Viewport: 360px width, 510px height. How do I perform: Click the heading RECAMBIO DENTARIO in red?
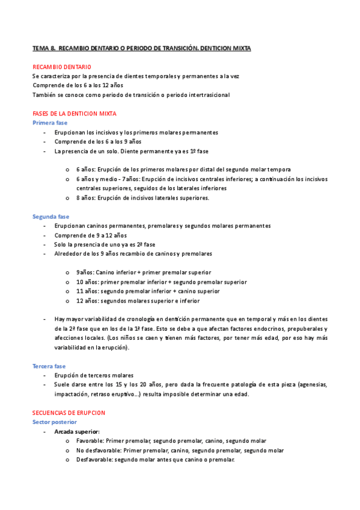coord(62,67)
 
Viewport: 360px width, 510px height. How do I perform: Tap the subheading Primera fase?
coord(50,123)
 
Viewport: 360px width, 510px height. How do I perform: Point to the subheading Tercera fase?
coord(49,366)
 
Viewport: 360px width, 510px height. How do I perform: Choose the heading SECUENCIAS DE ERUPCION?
coord(69,413)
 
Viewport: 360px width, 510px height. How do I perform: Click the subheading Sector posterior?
coord(55,422)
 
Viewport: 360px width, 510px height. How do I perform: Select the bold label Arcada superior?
coord(77,432)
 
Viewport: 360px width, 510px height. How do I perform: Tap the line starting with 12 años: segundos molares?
coord(138,301)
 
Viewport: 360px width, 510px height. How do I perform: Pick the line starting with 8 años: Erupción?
coord(142,198)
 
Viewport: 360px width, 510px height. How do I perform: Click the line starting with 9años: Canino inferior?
coord(143,272)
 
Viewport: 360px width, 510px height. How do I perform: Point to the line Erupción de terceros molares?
coord(94,375)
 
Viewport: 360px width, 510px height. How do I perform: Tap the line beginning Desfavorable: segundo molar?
coord(155,459)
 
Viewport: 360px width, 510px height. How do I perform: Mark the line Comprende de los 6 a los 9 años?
coord(98,142)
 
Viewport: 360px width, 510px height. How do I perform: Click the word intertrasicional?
coord(207,95)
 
